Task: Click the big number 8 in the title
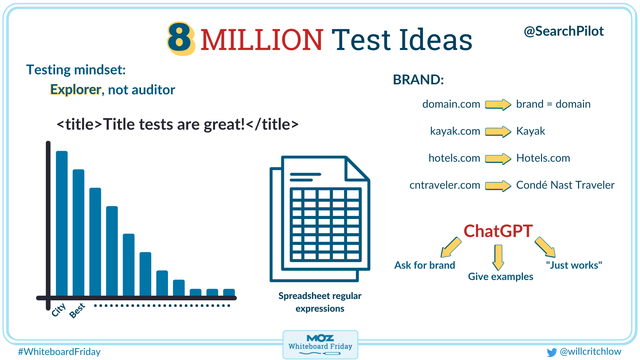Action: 180,39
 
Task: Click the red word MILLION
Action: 261,40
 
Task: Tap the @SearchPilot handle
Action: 563,31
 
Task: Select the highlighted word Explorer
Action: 75,90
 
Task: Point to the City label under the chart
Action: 59,310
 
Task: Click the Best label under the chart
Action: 77,311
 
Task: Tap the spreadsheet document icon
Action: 320,218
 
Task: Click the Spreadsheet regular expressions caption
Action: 320,302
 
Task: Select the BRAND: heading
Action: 418,80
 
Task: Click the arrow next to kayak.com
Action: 498,131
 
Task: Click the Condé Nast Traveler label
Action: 565,185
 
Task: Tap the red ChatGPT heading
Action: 498,231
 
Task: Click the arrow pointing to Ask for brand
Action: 451,247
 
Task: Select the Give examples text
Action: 500,277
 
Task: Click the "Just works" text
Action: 574,265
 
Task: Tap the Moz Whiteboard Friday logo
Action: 320,345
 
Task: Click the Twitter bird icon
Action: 552,352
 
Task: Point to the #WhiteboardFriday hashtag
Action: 59,352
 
